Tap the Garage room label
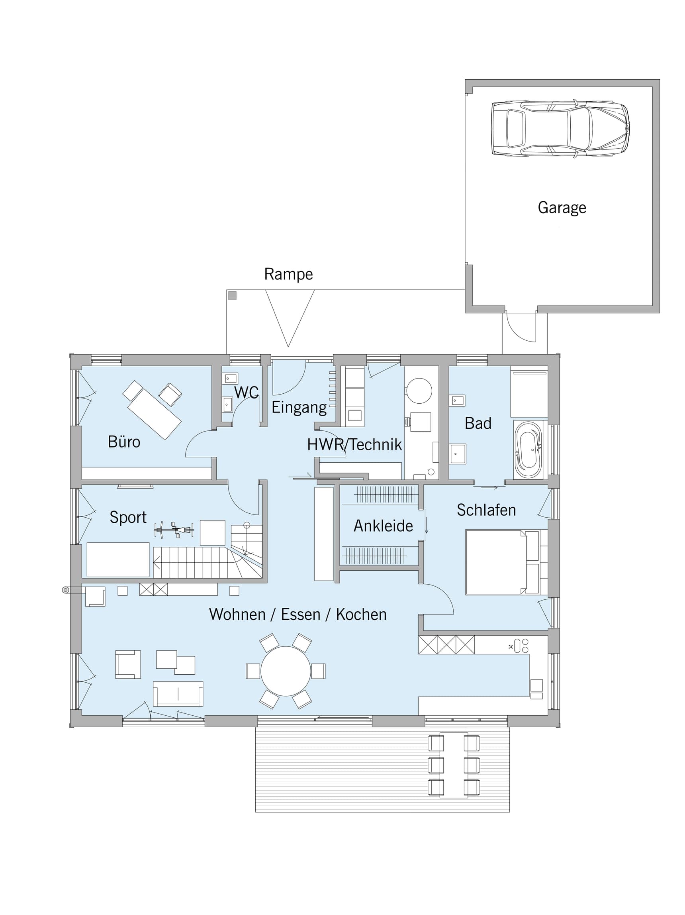coord(562,208)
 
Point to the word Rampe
coord(289,274)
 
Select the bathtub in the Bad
coord(528,450)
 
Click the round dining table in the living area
coord(286,671)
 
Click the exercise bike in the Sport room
coord(174,530)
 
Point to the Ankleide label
coord(383,526)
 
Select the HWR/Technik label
coord(354,445)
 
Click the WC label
coord(247,392)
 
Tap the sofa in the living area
coord(178,694)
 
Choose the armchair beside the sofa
coord(128,665)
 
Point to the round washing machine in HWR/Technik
coord(419,391)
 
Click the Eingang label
coord(299,408)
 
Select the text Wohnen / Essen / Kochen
coord(297,614)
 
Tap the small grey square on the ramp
coord(232,295)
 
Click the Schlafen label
coord(486,510)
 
